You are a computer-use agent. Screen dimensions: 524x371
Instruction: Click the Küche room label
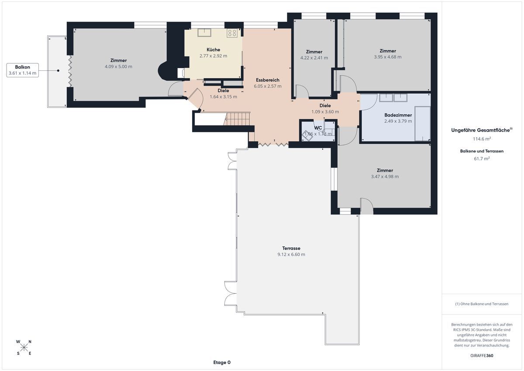click(213, 50)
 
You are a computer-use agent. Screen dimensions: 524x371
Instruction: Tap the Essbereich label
click(268, 80)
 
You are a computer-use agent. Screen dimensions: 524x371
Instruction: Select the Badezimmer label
click(398, 115)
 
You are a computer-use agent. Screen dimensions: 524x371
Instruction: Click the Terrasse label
click(291, 248)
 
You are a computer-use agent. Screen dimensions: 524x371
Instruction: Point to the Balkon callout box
click(22, 70)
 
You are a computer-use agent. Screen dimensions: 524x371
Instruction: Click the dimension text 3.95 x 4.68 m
click(388, 57)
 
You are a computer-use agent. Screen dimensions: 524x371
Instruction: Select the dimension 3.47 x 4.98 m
click(385, 177)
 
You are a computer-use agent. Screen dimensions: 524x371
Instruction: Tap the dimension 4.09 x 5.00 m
click(118, 66)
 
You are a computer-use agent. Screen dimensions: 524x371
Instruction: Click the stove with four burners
click(232, 33)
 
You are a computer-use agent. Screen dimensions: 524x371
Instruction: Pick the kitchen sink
click(204, 32)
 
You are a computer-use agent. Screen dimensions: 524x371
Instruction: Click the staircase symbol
click(237, 119)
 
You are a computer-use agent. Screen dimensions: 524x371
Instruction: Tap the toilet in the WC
click(307, 136)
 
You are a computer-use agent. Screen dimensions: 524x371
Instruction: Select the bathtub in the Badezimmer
click(423, 124)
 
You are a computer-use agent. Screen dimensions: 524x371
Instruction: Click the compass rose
click(24, 347)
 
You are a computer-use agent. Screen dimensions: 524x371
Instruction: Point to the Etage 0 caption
click(222, 362)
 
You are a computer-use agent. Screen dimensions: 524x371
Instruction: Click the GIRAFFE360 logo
click(482, 356)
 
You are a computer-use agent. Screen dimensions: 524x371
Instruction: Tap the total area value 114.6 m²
click(482, 139)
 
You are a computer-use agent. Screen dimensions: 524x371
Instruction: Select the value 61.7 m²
click(482, 159)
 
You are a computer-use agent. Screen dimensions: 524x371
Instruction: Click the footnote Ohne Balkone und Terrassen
click(482, 304)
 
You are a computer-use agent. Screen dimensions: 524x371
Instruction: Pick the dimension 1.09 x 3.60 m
click(325, 112)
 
